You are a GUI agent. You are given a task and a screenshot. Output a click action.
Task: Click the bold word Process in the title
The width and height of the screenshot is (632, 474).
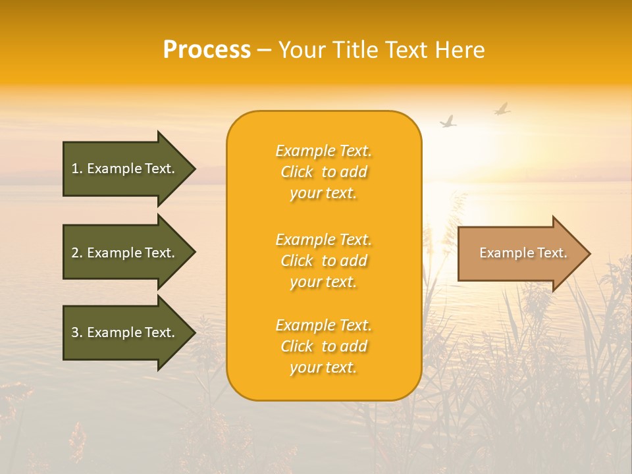point(207,50)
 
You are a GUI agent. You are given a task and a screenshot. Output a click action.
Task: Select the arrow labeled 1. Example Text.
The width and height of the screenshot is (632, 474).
point(125,169)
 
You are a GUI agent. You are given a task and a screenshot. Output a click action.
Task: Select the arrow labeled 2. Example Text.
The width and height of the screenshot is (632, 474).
point(125,253)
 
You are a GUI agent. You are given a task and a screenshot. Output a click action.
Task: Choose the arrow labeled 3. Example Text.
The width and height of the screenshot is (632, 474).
point(125,332)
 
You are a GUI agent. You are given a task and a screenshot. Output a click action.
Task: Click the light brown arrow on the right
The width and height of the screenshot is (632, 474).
point(520,253)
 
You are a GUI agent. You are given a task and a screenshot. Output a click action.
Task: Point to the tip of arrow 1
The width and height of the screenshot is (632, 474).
point(194,169)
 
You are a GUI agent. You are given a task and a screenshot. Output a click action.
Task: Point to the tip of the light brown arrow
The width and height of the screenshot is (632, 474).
point(589,253)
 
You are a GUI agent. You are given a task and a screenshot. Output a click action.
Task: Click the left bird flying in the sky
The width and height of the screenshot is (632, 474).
point(448,122)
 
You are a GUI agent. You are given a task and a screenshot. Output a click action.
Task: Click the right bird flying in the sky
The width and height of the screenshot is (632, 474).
point(502,109)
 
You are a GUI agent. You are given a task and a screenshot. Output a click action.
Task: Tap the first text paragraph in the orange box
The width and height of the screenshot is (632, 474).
point(323,172)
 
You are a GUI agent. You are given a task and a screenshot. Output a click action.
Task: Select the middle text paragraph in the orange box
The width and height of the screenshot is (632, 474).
point(323,261)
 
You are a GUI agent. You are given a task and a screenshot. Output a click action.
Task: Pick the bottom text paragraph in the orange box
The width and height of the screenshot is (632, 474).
point(323,346)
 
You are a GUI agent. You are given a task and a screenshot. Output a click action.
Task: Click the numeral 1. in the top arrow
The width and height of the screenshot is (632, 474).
point(77,169)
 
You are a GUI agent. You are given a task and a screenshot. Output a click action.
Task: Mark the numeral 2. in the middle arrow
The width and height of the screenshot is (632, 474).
point(77,253)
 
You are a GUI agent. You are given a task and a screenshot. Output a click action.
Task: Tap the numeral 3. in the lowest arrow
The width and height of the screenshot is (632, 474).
point(77,332)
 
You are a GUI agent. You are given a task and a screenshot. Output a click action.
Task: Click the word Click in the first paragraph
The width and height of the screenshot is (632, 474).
point(297,172)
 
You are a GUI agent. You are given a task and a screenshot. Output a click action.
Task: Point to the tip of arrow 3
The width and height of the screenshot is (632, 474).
point(194,332)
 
